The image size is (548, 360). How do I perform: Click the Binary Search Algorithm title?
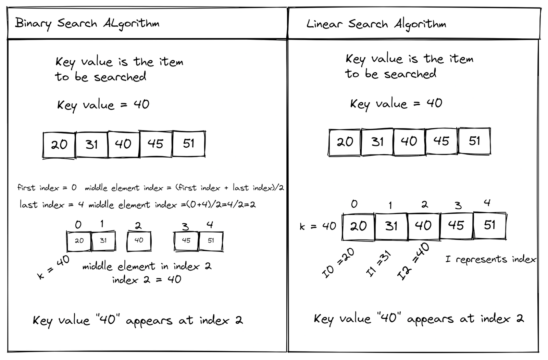pos(87,24)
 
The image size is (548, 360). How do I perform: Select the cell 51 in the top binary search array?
pos(189,144)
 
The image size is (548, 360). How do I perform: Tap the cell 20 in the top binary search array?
pos(59,145)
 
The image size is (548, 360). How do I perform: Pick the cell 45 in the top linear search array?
pos(441,141)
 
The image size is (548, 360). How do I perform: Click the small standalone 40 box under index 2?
pos(139,241)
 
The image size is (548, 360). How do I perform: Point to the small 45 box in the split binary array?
pos(186,241)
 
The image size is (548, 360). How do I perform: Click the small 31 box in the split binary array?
pos(103,241)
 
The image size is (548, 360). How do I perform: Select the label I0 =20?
pos(338,263)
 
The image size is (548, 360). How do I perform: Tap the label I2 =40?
pos(413,261)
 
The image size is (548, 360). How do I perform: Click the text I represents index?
pos(490,259)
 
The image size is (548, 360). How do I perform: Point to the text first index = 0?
pos(47,188)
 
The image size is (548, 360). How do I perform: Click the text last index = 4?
pos(52,204)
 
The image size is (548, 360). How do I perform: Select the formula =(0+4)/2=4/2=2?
pos(218,204)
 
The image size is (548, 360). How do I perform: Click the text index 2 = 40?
pos(147,280)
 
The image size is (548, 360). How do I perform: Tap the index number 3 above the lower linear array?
pos(458,205)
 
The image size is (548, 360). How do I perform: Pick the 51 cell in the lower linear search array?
pos(490,225)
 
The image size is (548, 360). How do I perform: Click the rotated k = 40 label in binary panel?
pos(53,267)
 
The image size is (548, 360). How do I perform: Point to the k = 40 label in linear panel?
pos(318,226)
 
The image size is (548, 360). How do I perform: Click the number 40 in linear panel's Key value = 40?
pos(435,103)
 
